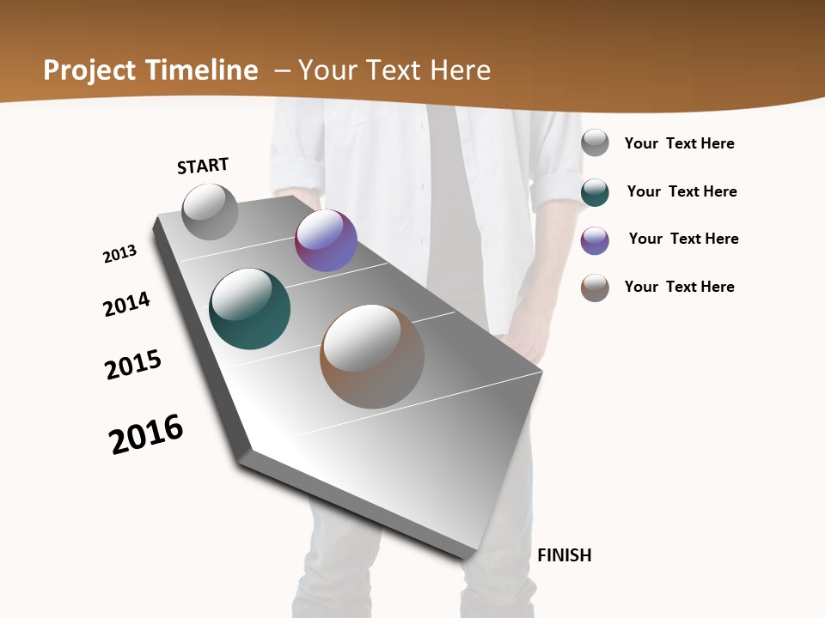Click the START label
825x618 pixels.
point(203,166)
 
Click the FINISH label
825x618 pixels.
point(565,555)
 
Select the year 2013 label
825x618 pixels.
point(120,254)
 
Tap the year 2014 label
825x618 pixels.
point(127,304)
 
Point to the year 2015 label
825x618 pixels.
point(133,365)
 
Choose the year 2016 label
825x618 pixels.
point(146,433)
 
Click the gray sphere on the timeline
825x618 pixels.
point(211,212)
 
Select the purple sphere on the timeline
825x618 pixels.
point(326,241)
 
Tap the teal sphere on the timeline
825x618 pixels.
point(250,309)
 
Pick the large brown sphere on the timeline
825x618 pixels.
point(372,356)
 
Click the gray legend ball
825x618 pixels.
point(595,142)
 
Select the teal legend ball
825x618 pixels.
point(595,192)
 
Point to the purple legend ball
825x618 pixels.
point(595,240)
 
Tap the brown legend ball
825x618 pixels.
point(595,288)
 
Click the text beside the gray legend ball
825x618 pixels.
point(679,143)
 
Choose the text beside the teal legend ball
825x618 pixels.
point(681,191)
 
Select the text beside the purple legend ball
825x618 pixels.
point(683,239)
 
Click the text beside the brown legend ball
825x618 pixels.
point(679,287)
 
